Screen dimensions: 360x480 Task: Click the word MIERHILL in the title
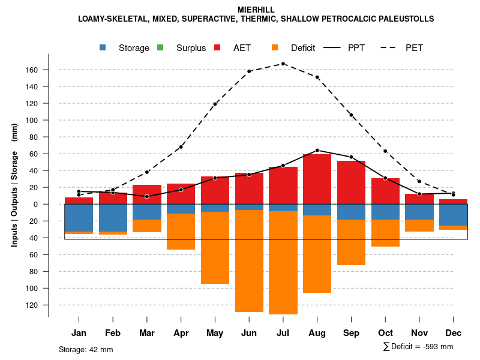[256, 10]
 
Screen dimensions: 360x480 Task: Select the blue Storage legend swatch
[104, 47]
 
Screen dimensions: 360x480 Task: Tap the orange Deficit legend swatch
[275, 47]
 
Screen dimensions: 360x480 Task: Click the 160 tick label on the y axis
[32, 70]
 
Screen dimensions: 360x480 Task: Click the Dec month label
[453, 333]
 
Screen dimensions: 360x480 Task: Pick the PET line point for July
[283, 64]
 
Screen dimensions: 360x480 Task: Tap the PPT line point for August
[317, 150]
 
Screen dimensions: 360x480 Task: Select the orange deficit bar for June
[249, 261]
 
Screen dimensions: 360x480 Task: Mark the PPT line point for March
[147, 196]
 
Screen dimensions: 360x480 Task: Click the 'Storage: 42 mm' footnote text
[86, 349]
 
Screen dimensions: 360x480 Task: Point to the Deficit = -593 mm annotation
[418, 346]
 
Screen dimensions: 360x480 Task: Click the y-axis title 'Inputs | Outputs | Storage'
[14, 180]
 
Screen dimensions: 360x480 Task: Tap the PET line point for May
[215, 104]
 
